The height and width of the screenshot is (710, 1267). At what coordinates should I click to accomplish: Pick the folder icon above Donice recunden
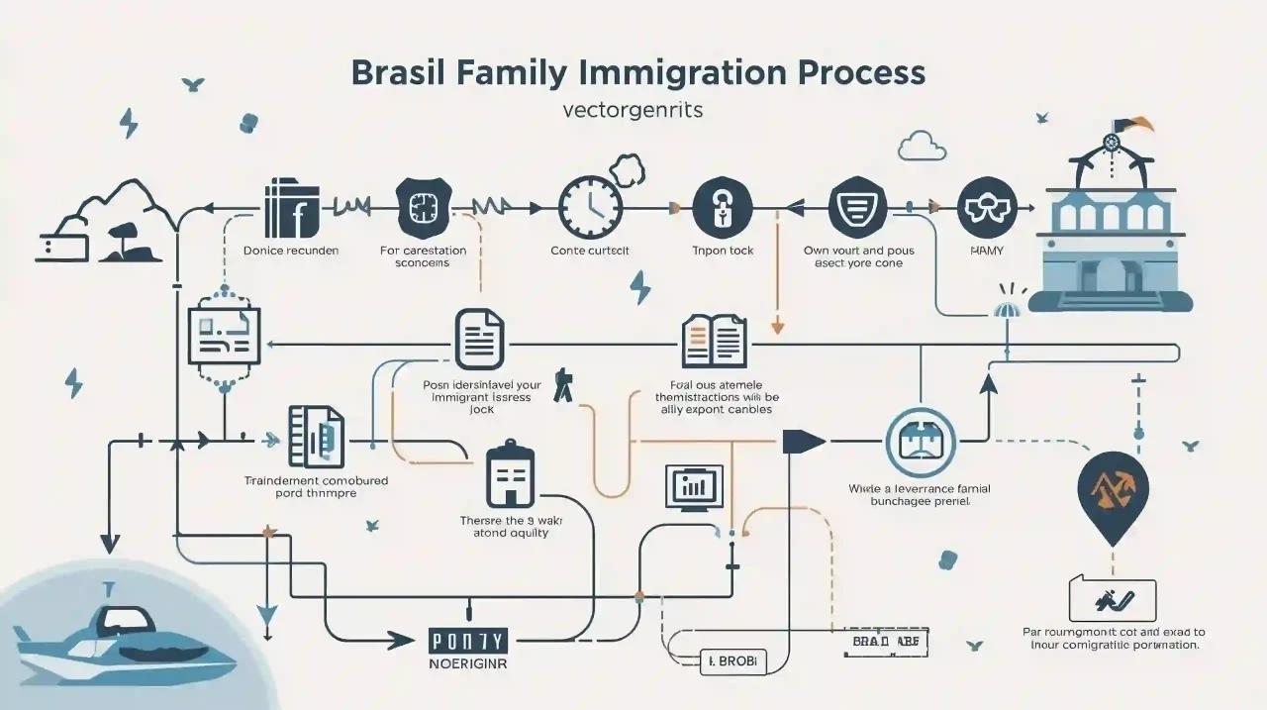click(291, 209)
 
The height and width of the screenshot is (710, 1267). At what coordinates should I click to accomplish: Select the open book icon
click(713, 341)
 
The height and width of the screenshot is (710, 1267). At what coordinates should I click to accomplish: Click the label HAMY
click(981, 251)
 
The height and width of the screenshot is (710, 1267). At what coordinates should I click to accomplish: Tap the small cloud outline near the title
click(921, 148)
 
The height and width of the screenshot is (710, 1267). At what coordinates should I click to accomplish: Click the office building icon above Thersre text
click(511, 477)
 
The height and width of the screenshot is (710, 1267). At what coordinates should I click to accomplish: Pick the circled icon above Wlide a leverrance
click(920, 444)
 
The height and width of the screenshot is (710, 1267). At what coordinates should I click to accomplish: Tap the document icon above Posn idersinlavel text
click(479, 340)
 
